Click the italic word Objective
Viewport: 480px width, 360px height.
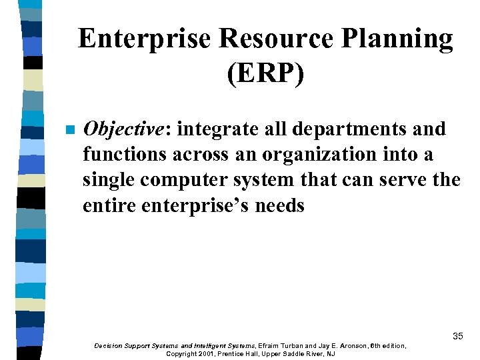point(123,129)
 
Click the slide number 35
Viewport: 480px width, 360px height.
point(457,336)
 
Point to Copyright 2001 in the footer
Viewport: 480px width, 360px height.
point(191,353)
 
